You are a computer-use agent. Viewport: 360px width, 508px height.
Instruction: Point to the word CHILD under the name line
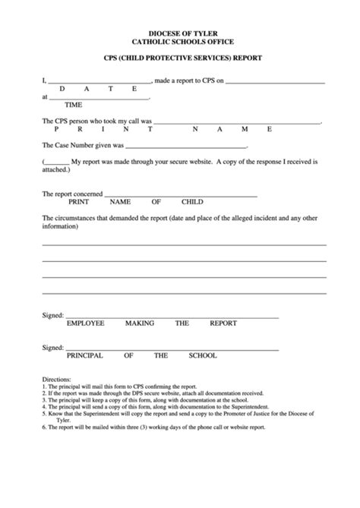point(191,203)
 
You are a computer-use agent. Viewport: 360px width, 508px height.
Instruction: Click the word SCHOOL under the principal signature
point(201,355)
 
